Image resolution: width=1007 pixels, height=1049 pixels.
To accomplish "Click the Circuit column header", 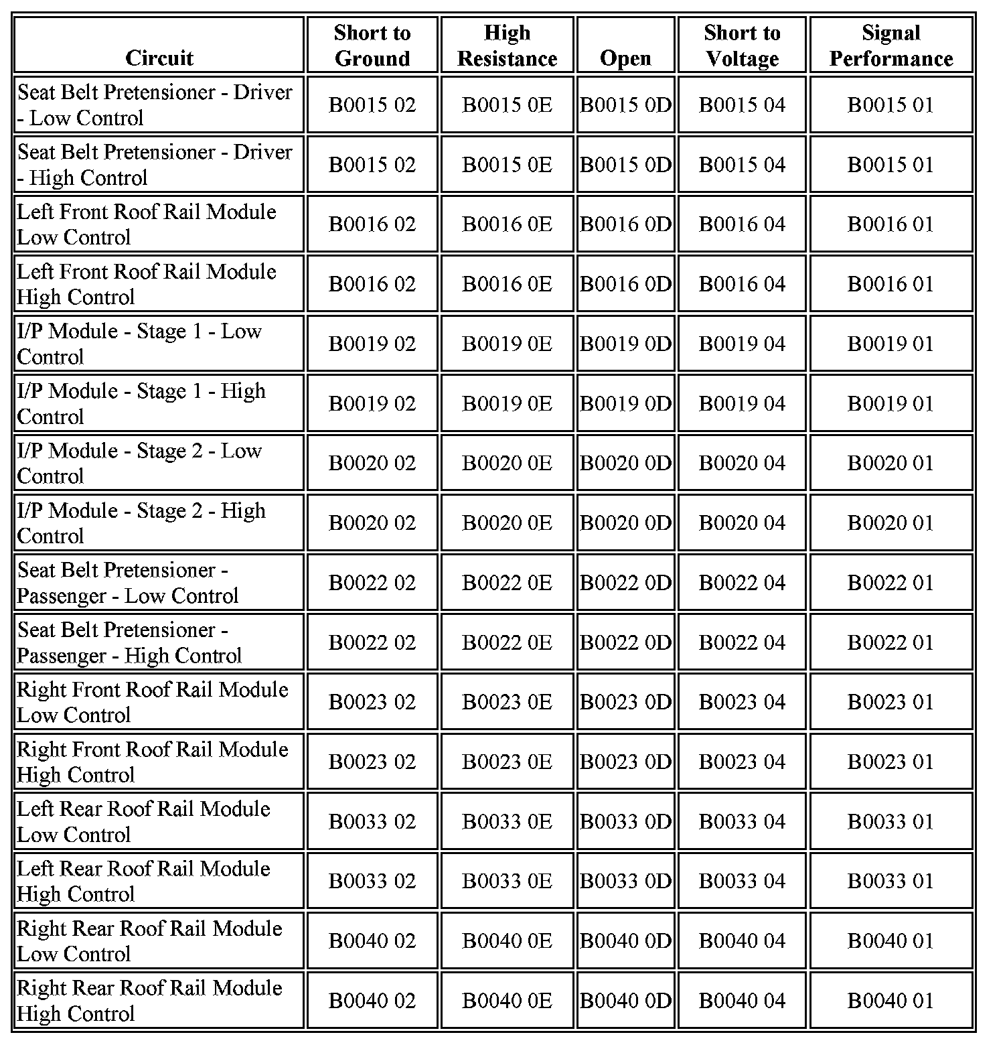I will (x=159, y=58).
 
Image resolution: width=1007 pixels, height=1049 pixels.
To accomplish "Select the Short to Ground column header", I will (x=372, y=46).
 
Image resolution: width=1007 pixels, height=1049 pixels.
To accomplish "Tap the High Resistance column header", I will (x=507, y=46).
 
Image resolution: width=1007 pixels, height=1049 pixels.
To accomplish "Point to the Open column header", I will (x=625, y=58).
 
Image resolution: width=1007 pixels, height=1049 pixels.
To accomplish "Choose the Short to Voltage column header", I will (x=742, y=46).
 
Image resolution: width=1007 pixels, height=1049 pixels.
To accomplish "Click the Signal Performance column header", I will (x=890, y=46).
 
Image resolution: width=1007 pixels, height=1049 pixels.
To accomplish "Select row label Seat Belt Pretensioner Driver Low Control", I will (x=155, y=104).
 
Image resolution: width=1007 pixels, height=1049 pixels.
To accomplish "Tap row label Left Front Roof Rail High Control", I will (x=147, y=284).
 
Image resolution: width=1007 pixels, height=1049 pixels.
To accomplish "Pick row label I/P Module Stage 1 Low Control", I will (x=139, y=344).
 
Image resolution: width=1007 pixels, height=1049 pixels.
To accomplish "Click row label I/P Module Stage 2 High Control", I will (x=141, y=522).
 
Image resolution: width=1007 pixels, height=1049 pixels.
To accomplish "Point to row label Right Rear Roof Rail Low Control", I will (x=149, y=940).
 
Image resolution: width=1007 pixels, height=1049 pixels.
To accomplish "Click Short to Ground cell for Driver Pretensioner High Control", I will (x=372, y=165).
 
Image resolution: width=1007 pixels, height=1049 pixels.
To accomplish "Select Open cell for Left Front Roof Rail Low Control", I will (x=625, y=224).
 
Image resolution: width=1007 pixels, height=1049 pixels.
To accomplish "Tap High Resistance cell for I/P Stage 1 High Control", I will (x=507, y=403).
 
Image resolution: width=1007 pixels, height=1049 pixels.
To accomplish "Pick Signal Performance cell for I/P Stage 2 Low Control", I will (x=890, y=463).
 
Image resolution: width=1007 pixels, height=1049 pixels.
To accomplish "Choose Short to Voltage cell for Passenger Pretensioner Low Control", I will (x=742, y=583).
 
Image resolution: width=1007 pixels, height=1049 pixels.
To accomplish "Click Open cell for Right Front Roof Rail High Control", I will (x=625, y=762).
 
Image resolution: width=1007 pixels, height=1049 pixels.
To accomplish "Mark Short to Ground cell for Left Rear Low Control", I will (x=372, y=821).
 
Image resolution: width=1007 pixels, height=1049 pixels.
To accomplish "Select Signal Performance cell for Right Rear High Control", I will (x=890, y=1001).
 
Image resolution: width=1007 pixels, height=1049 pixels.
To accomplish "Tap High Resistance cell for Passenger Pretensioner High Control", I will (x=507, y=642).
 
